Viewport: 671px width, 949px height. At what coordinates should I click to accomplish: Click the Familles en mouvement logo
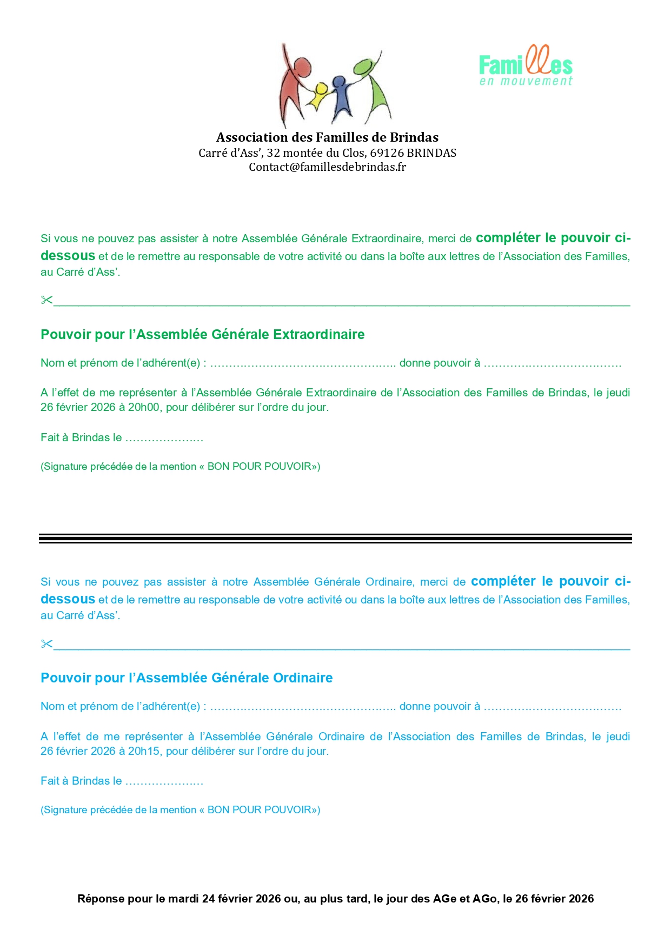(x=526, y=67)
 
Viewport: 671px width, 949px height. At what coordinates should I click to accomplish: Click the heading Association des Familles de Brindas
(x=327, y=137)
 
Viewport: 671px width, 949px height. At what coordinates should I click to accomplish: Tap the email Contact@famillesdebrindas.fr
(x=327, y=167)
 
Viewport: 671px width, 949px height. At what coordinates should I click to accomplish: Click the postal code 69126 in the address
(x=387, y=153)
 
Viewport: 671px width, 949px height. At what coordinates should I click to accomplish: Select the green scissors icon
(x=46, y=300)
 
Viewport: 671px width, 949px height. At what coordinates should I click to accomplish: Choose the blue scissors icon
(x=46, y=643)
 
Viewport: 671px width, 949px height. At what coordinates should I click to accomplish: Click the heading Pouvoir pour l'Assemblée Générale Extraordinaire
(x=202, y=335)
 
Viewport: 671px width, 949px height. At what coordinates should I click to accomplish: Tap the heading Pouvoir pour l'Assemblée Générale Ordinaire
(x=187, y=678)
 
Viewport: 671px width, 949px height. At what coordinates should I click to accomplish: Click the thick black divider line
(x=335, y=538)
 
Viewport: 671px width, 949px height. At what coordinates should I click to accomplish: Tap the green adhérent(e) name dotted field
(x=303, y=364)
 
